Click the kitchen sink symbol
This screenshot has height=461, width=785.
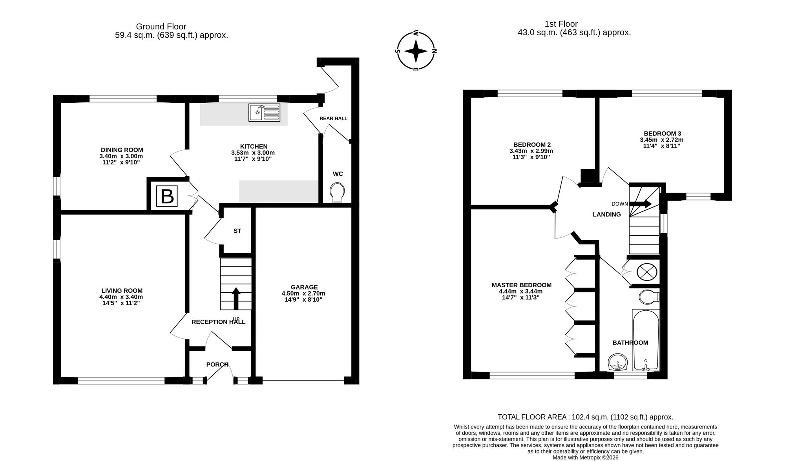click(264, 112)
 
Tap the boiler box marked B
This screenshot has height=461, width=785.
click(167, 196)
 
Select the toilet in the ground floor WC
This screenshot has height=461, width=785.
click(338, 193)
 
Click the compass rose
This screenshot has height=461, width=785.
click(416, 51)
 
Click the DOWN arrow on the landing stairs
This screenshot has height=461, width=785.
click(641, 204)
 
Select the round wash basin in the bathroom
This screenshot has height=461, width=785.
click(618, 362)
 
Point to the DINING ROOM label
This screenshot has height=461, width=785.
click(122, 150)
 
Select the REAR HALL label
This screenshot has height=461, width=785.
click(333, 118)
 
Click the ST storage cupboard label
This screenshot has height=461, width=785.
click(237, 231)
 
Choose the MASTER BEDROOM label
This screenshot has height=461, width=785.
click(522, 285)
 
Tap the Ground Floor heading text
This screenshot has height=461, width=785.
click(161, 27)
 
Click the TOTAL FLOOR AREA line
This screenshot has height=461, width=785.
click(586, 417)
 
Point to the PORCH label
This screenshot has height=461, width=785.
click(217, 364)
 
